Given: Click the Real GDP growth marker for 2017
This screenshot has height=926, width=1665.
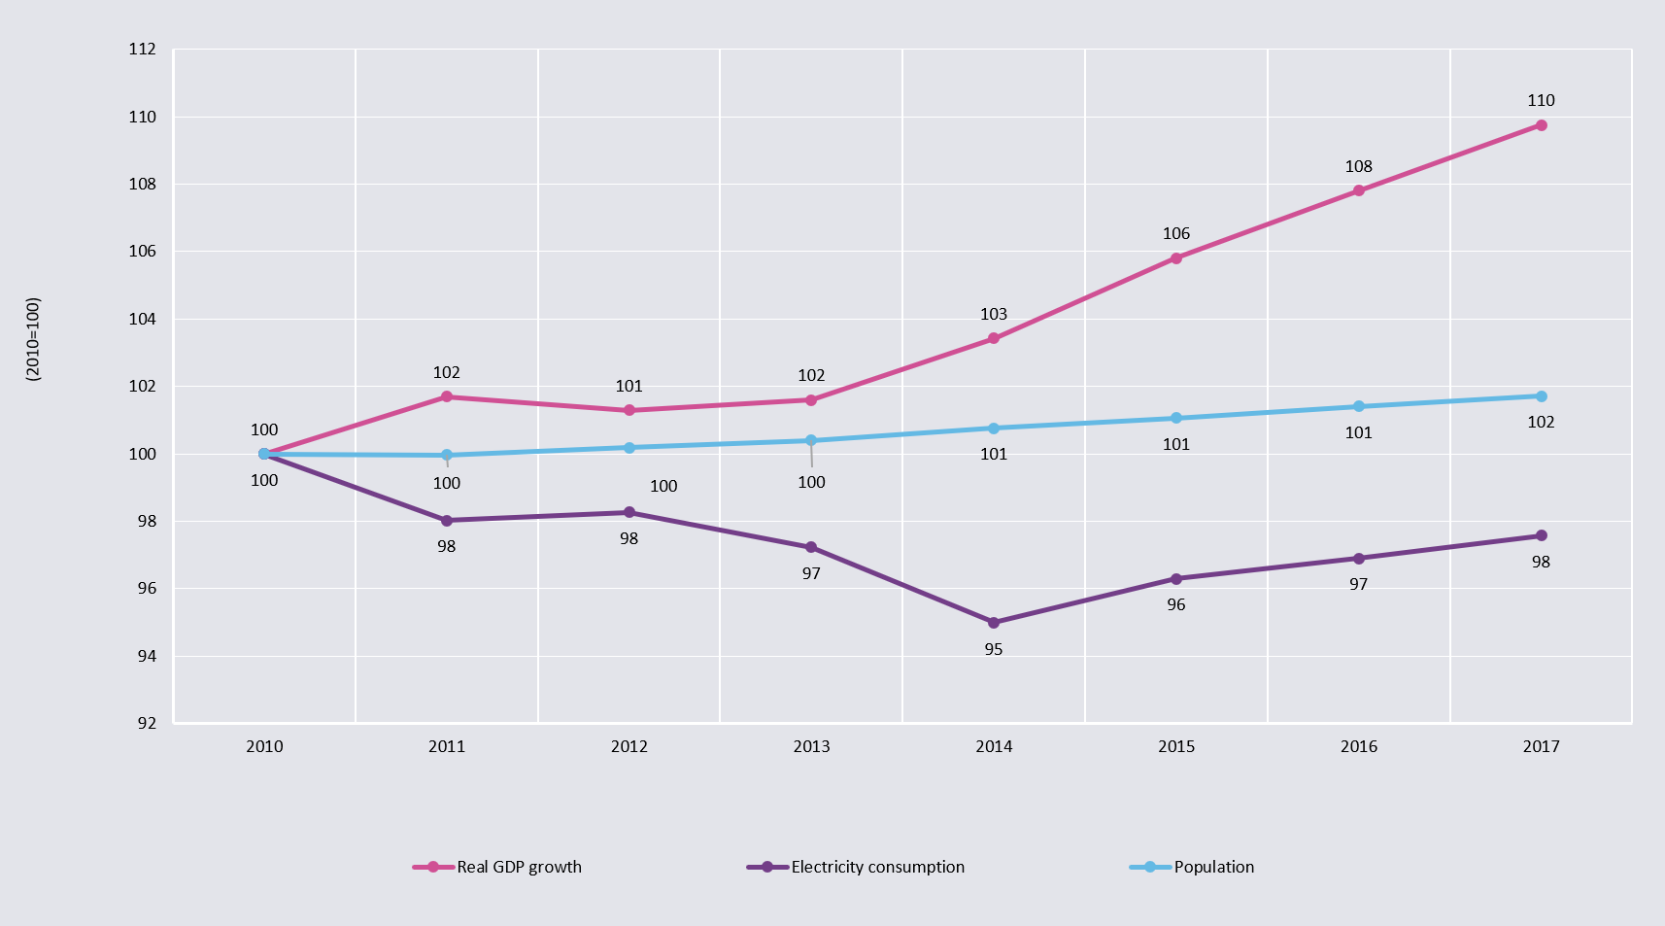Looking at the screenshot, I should click(1541, 125).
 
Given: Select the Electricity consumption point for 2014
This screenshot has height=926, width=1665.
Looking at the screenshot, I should click(994, 623).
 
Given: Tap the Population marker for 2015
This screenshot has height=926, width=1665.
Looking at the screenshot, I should click(1176, 418).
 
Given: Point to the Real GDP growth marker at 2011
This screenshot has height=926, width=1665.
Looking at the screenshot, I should click(447, 396).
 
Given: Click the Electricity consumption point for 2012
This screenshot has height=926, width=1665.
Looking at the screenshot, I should click(629, 512).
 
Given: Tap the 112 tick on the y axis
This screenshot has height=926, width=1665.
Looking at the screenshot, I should click(143, 49).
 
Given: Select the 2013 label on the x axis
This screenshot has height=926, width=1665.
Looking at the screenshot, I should click(811, 746).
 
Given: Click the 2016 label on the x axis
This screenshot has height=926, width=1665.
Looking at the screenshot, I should click(1358, 746).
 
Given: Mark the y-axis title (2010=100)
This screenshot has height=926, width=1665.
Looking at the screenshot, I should click(33, 338).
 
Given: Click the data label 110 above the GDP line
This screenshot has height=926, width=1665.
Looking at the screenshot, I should click(1541, 100).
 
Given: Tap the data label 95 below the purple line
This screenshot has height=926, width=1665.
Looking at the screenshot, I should click(994, 649).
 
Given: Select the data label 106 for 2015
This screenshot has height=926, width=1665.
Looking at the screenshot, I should click(1176, 233).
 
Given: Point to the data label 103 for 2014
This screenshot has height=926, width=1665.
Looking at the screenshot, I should click(994, 314).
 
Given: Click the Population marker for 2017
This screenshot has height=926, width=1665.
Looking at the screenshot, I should click(1541, 396).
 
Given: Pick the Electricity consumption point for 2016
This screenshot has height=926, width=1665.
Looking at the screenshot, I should click(1358, 559).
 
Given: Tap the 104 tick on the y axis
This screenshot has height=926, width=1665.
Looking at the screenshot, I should click(143, 319).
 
